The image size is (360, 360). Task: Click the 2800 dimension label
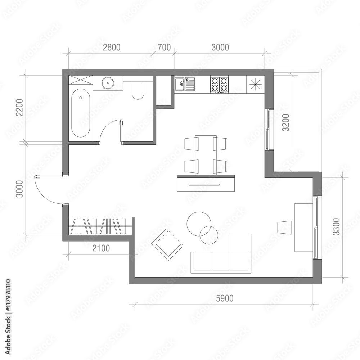pyautogui.click(x=112, y=47)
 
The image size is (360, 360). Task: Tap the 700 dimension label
pyautogui.click(x=164, y=47)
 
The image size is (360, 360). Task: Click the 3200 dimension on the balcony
pyautogui.click(x=285, y=123)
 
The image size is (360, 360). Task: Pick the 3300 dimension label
pyautogui.click(x=336, y=227)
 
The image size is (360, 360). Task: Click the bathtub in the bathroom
pyautogui.click(x=81, y=113)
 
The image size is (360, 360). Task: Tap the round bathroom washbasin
pyautogui.click(x=107, y=83)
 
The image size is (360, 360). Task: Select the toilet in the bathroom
pyautogui.click(x=138, y=90)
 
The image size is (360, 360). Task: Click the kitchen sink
pyautogui.click(x=185, y=85)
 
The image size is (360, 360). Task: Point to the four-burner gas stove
pyautogui.click(x=219, y=85)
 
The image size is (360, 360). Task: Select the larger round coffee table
pyautogui.click(x=198, y=223)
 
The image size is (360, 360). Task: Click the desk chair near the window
pyautogui.click(x=284, y=227)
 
